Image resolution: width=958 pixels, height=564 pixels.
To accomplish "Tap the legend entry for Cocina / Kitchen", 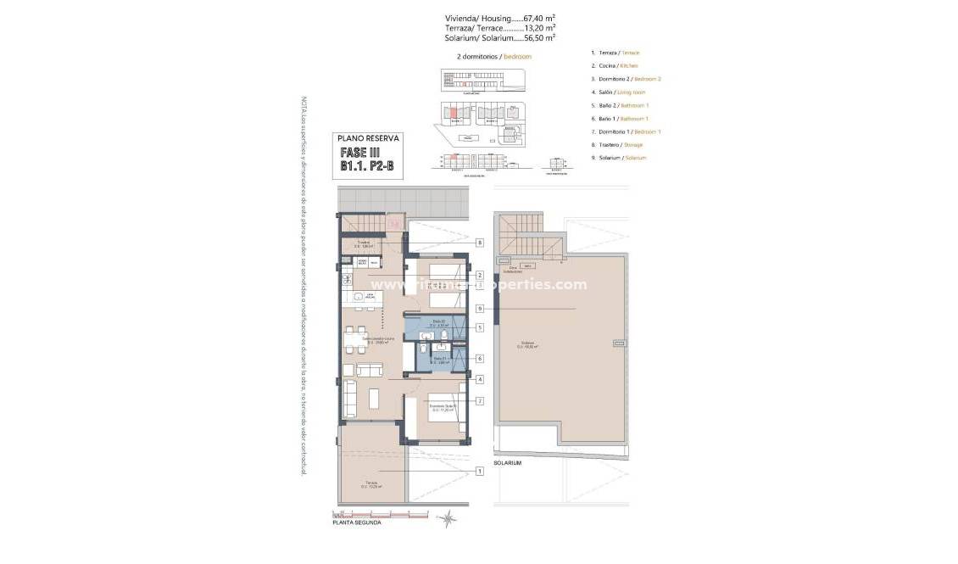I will (614, 65).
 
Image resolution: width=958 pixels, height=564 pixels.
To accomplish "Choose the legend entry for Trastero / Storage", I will (617, 145).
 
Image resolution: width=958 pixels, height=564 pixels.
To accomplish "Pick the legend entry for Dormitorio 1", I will (625, 131).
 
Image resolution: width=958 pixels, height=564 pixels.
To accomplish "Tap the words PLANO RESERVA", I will (368, 137).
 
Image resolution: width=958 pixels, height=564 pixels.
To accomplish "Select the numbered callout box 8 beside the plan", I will (480, 243).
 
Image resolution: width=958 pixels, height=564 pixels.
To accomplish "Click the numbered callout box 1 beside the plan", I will (480, 471).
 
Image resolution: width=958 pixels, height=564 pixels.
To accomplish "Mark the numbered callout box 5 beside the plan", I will (480, 327).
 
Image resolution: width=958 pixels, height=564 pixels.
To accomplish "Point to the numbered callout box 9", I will (480, 309).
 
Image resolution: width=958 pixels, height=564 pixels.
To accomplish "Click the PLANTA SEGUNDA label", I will (356, 523).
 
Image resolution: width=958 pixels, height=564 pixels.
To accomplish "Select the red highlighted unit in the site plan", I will (453, 111).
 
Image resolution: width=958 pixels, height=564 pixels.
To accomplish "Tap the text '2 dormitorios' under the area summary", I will (477, 56).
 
